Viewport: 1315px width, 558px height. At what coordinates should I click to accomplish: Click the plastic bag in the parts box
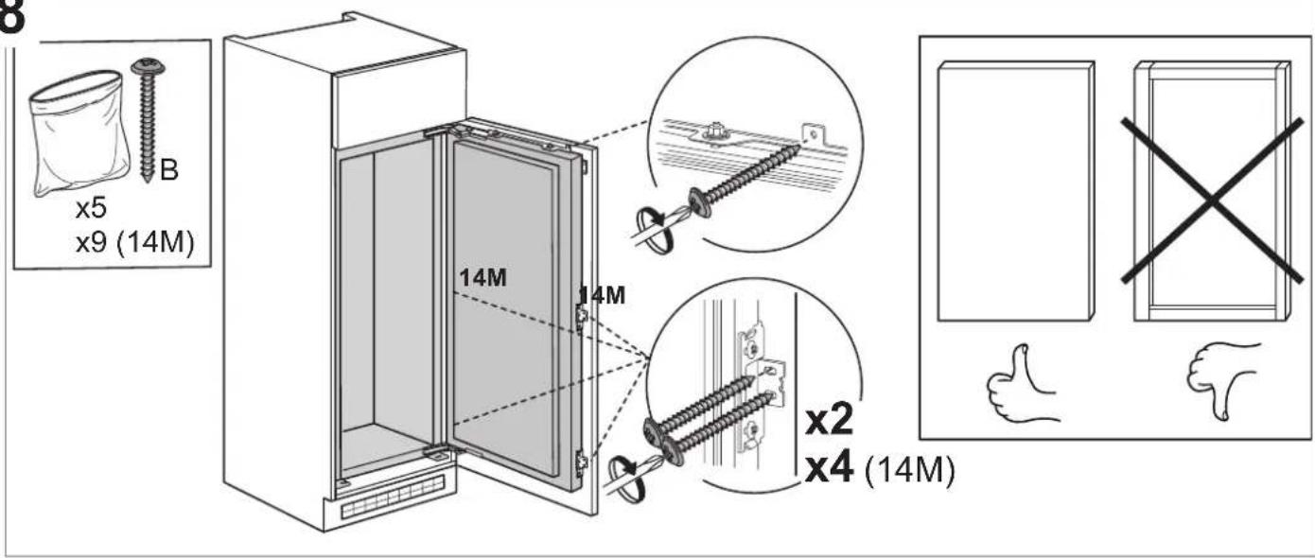(x=79, y=133)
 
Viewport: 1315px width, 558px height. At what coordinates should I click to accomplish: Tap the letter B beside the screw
(x=168, y=170)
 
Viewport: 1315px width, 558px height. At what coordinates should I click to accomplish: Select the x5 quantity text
(x=91, y=208)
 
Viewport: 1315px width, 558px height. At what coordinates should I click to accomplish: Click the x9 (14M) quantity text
(x=134, y=242)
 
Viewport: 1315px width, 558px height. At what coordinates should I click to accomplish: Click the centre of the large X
(x=1212, y=201)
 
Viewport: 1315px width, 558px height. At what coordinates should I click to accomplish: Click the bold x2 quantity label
(x=829, y=420)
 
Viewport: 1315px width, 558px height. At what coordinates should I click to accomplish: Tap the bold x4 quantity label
(x=829, y=468)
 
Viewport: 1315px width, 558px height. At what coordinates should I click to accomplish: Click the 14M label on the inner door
(x=482, y=277)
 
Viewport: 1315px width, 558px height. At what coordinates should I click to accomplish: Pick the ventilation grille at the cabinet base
(x=392, y=497)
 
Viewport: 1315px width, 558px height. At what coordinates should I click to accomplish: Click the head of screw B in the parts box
(x=148, y=66)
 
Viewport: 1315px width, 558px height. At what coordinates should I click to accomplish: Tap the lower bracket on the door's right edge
(x=582, y=463)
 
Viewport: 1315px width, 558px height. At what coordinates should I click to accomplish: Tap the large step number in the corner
(x=10, y=16)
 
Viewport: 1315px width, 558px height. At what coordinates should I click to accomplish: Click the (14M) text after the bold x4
(x=910, y=470)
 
